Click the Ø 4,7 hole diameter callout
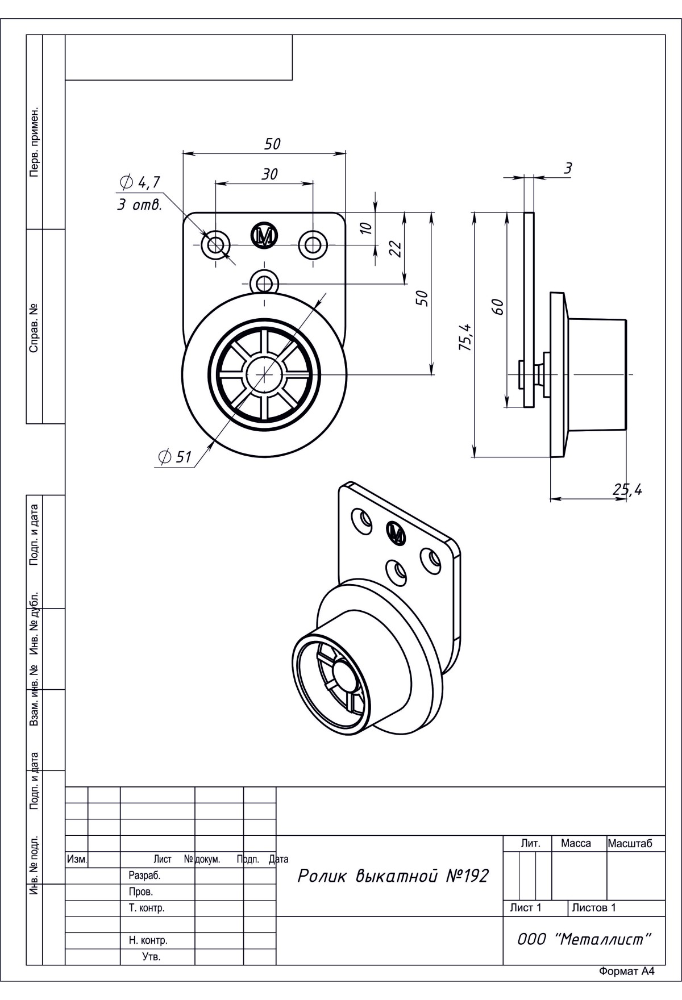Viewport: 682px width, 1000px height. pyautogui.click(x=140, y=182)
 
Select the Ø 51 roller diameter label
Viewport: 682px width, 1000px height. pyautogui.click(x=176, y=456)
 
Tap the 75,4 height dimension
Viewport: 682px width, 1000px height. pyautogui.click(x=465, y=336)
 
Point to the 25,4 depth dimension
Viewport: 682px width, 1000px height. pyautogui.click(x=627, y=489)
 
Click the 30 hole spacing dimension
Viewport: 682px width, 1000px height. pyautogui.click(x=269, y=174)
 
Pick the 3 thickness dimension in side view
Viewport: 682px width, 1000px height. pyautogui.click(x=567, y=168)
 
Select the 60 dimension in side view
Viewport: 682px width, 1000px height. pyautogui.click(x=497, y=307)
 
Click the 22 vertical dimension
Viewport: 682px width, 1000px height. pyautogui.click(x=396, y=248)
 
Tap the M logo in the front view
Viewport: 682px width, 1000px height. pyautogui.click(x=264, y=235)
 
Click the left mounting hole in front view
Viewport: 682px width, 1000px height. pyautogui.click(x=215, y=246)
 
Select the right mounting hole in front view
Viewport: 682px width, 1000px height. pyautogui.click(x=313, y=246)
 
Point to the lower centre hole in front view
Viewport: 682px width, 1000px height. pyautogui.click(x=264, y=281)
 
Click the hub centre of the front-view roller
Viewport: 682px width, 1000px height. pyautogui.click(x=264, y=374)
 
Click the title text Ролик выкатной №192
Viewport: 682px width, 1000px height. pyautogui.click(x=393, y=876)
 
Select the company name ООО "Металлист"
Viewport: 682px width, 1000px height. pyautogui.click(x=584, y=939)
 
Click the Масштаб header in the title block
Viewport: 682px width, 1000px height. pyautogui.click(x=630, y=843)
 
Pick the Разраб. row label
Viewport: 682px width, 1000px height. pyautogui.click(x=144, y=876)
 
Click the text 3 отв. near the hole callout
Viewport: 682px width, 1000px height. pyautogui.click(x=140, y=205)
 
